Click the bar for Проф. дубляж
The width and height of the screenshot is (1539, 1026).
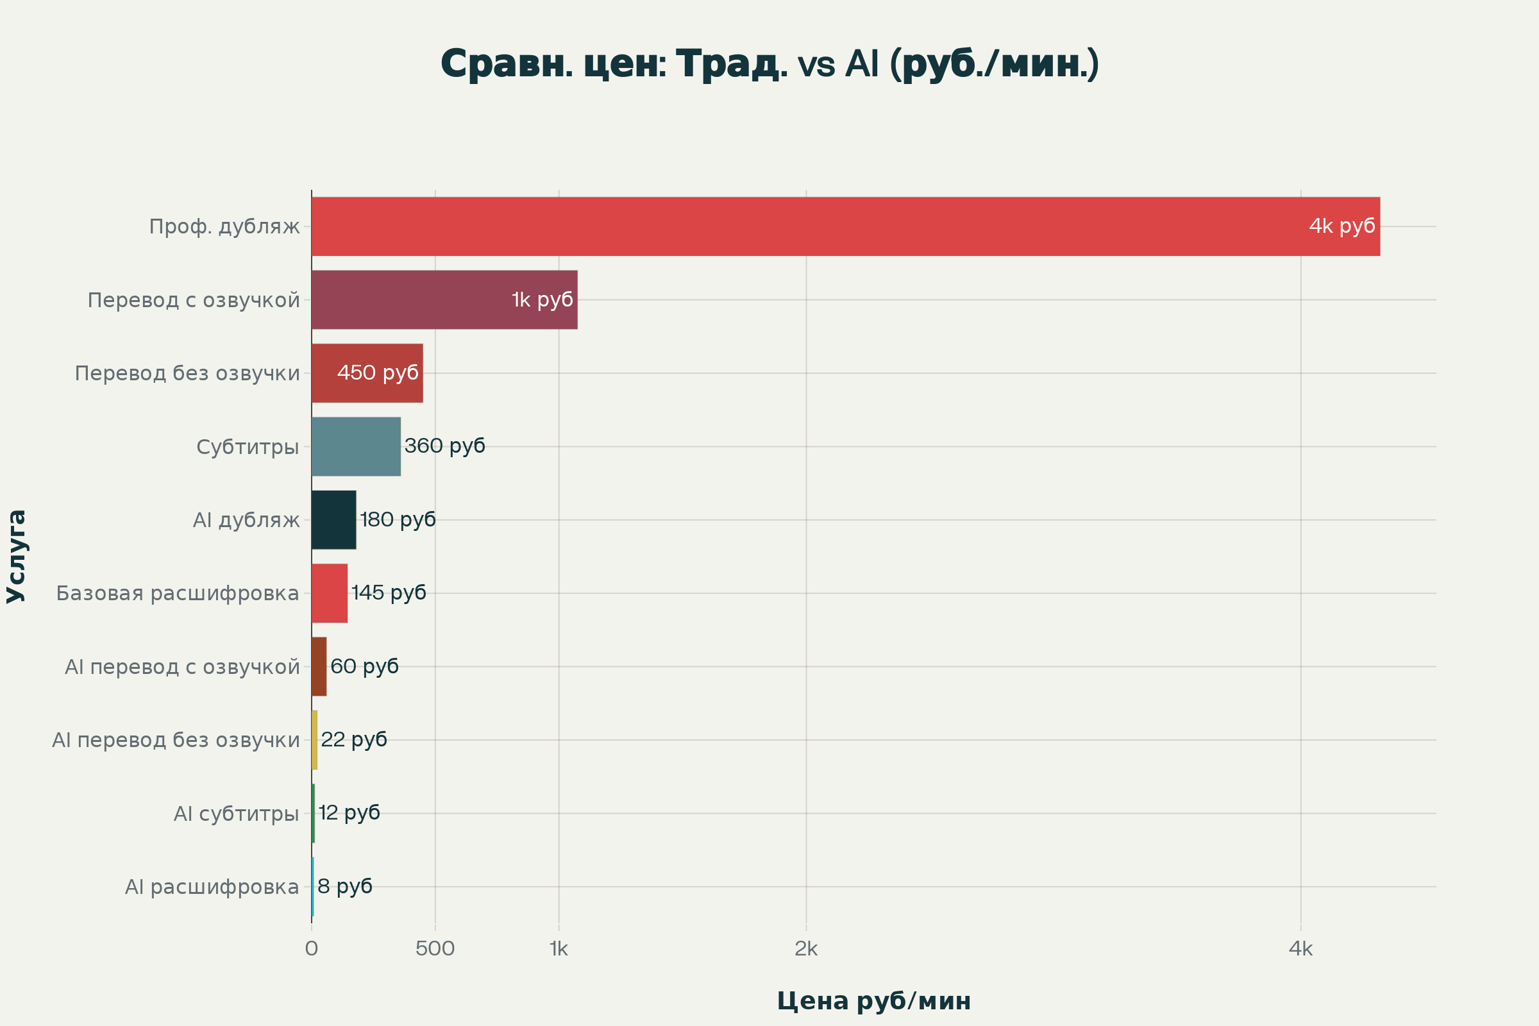(x=845, y=226)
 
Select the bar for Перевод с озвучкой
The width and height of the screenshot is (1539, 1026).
(x=444, y=299)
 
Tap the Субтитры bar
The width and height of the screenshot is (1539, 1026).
(x=356, y=446)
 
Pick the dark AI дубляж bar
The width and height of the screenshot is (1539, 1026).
(x=333, y=519)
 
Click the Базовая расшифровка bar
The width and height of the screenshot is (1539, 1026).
(x=329, y=593)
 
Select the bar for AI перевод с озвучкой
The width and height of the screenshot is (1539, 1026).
(x=319, y=666)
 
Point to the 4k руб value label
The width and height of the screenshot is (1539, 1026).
(x=1341, y=226)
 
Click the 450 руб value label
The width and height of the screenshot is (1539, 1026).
(x=378, y=373)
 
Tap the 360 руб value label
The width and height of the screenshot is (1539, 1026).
(x=444, y=446)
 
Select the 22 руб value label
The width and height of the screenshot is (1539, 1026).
(x=353, y=739)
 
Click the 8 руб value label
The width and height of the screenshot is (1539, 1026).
(x=345, y=886)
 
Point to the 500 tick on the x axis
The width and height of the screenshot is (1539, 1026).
(x=435, y=949)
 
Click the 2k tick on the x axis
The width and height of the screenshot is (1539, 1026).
(x=806, y=949)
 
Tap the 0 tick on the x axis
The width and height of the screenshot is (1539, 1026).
(x=312, y=949)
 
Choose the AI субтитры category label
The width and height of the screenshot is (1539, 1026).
(x=236, y=813)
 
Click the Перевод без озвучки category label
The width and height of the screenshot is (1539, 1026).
(x=187, y=374)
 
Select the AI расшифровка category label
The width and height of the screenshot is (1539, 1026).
(x=212, y=887)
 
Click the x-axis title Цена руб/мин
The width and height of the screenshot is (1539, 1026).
(x=873, y=1001)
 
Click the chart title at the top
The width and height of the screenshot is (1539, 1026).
(x=769, y=64)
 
